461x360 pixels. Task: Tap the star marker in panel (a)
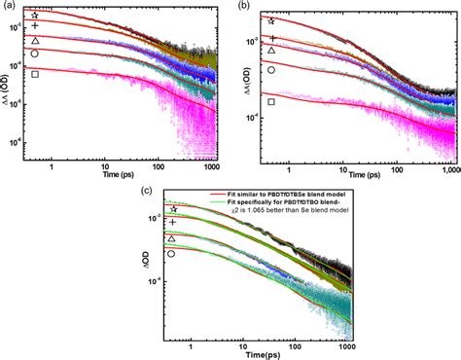35,16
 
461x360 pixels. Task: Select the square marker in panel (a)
35,74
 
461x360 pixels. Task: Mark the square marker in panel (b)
271,100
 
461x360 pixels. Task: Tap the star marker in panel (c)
173,209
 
